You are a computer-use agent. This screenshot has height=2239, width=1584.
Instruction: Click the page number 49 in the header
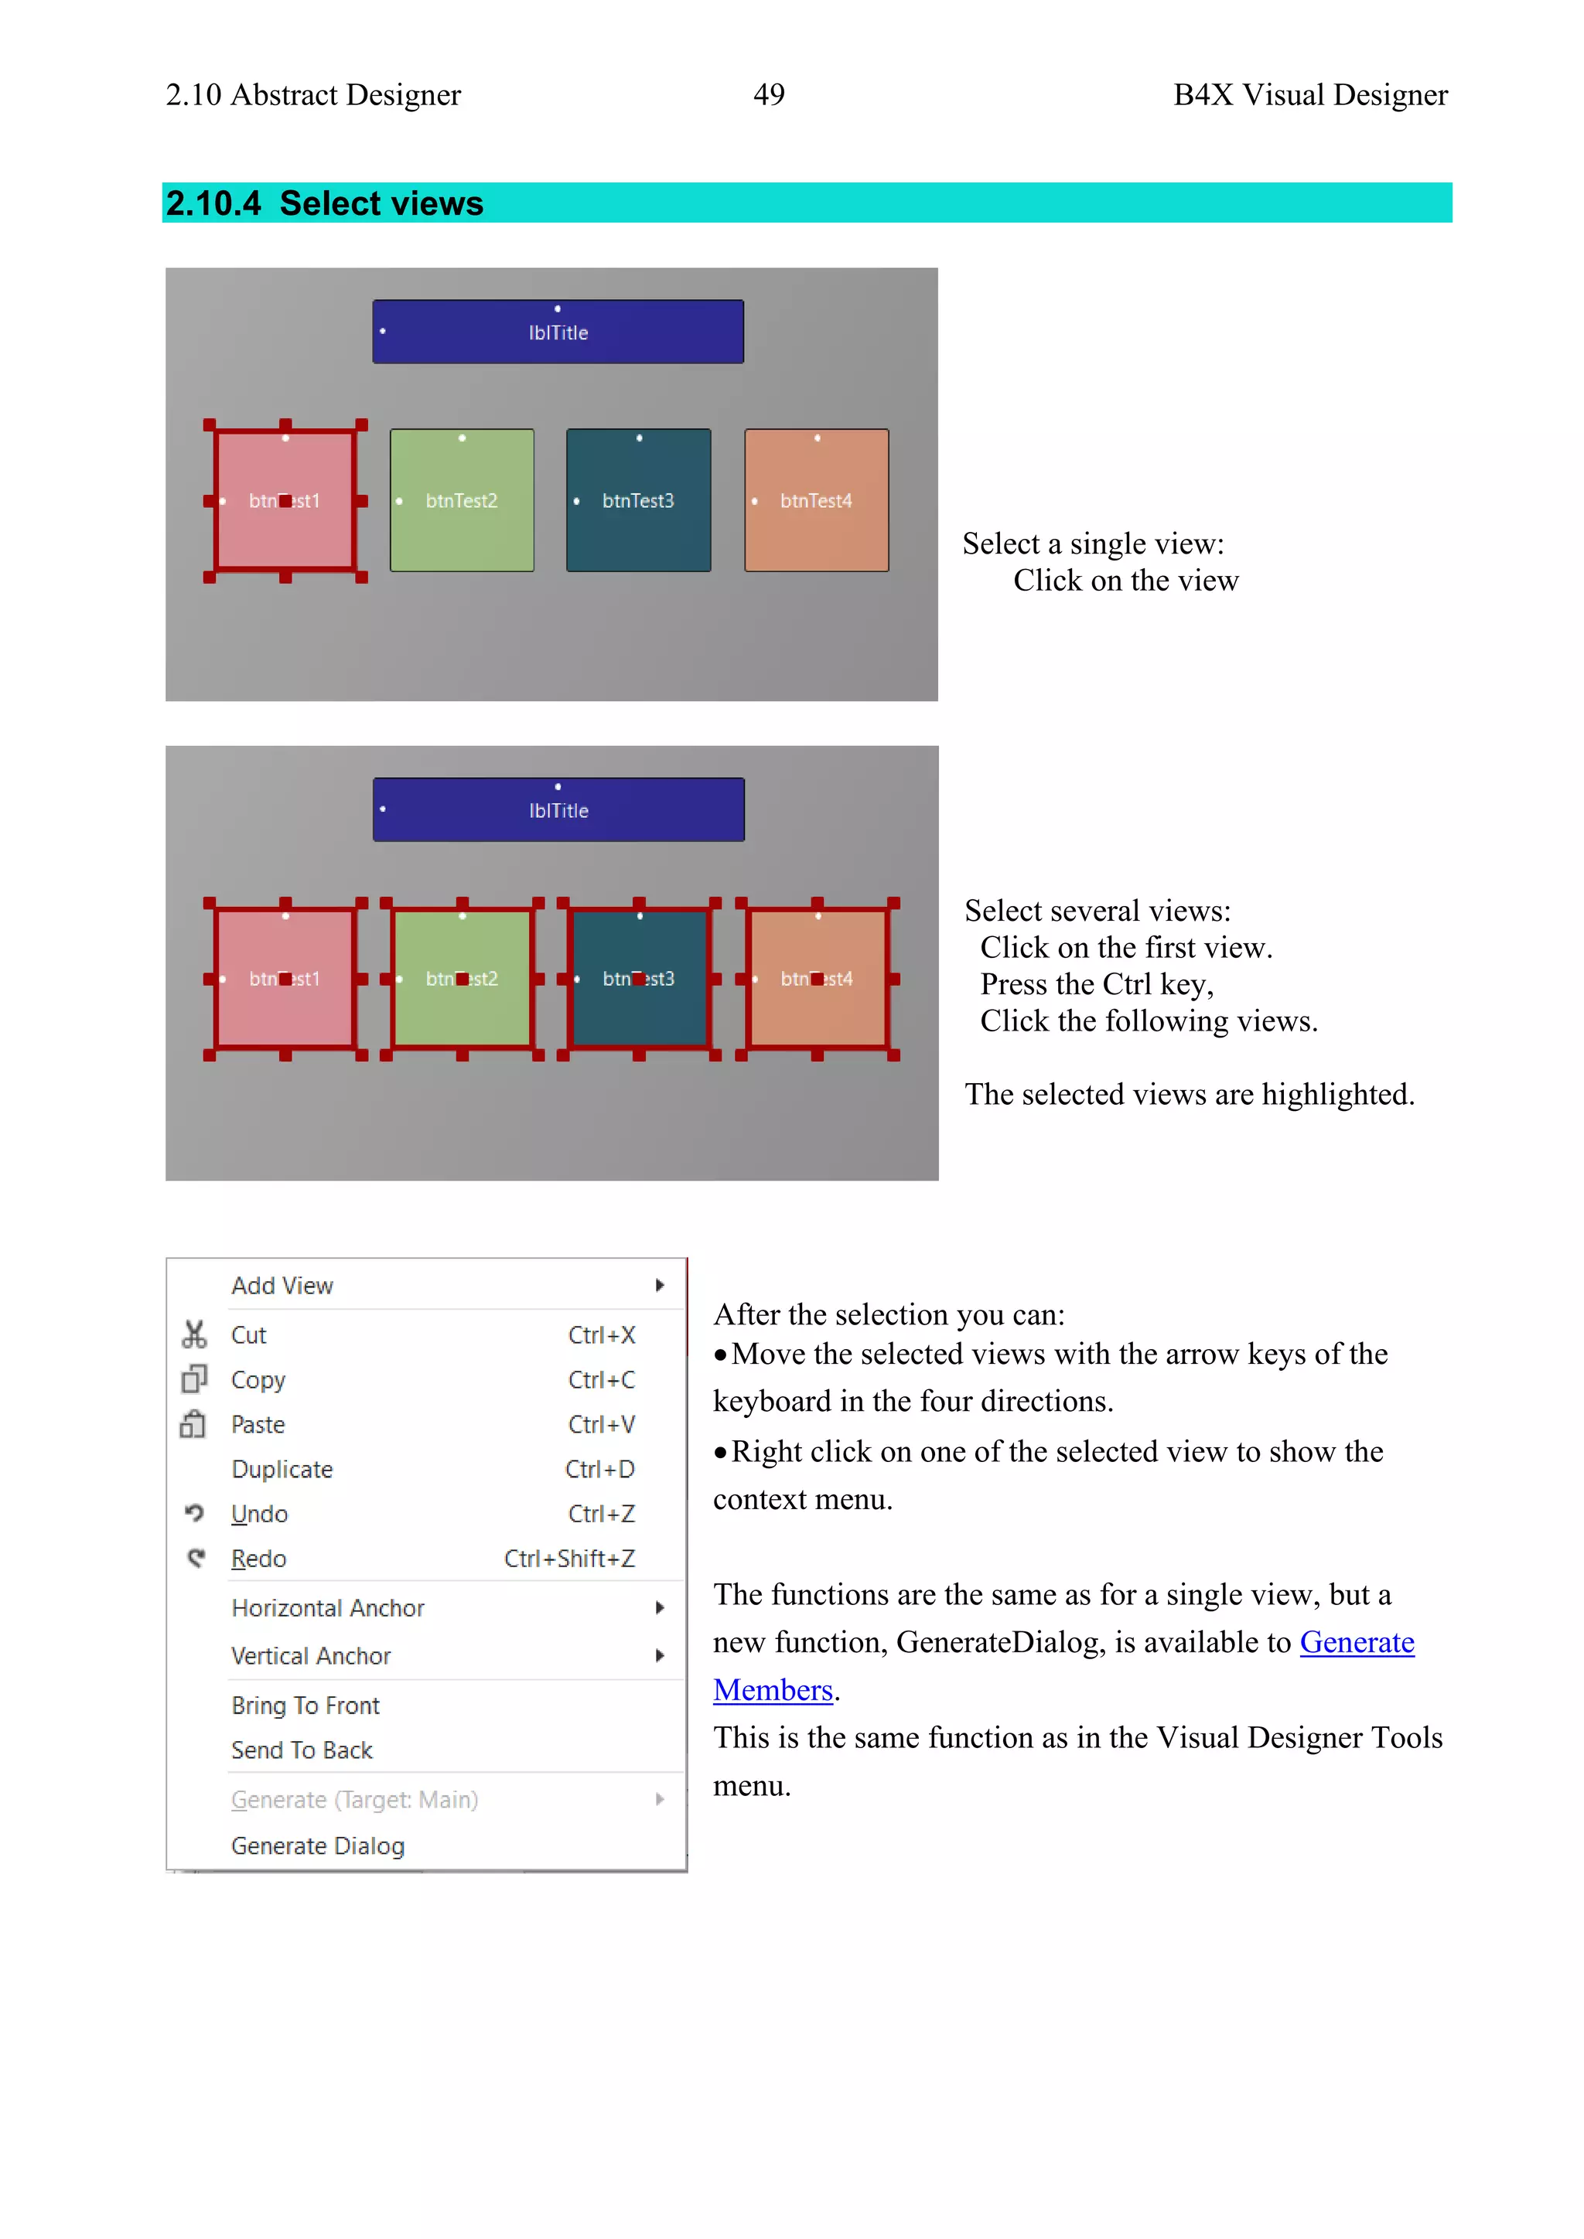[769, 94]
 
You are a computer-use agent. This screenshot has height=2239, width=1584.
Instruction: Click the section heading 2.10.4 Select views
[325, 203]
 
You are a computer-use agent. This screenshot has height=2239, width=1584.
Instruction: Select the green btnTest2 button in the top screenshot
[461, 500]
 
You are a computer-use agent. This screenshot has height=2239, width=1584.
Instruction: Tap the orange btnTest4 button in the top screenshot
[817, 500]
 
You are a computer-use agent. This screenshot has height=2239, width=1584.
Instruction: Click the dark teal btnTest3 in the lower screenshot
[639, 978]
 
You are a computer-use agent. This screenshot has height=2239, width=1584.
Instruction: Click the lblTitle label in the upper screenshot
[558, 332]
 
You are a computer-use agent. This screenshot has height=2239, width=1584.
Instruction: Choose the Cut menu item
[249, 1335]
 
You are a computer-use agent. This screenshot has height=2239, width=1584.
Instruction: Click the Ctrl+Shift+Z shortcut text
[568, 1559]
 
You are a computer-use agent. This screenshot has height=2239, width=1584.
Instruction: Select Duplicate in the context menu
[282, 1470]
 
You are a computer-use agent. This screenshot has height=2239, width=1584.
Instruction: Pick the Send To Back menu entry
[302, 1750]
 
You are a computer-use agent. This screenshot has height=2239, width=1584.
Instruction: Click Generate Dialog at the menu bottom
[317, 1846]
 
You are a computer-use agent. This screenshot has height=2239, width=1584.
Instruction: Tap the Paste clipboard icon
[193, 1425]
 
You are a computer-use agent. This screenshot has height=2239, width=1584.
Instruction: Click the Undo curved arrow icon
[195, 1514]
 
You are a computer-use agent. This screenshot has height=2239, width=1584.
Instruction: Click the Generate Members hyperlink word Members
[773, 1690]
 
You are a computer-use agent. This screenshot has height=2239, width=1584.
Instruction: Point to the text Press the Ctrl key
[1096, 984]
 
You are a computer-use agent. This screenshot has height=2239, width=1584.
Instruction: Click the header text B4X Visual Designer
[1310, 94]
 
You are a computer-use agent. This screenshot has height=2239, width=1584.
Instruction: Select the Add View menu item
[282, 1285]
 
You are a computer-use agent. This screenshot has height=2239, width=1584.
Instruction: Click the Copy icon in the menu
[194, 1379]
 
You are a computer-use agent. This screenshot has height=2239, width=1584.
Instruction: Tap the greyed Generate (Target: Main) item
[354, 1799]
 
